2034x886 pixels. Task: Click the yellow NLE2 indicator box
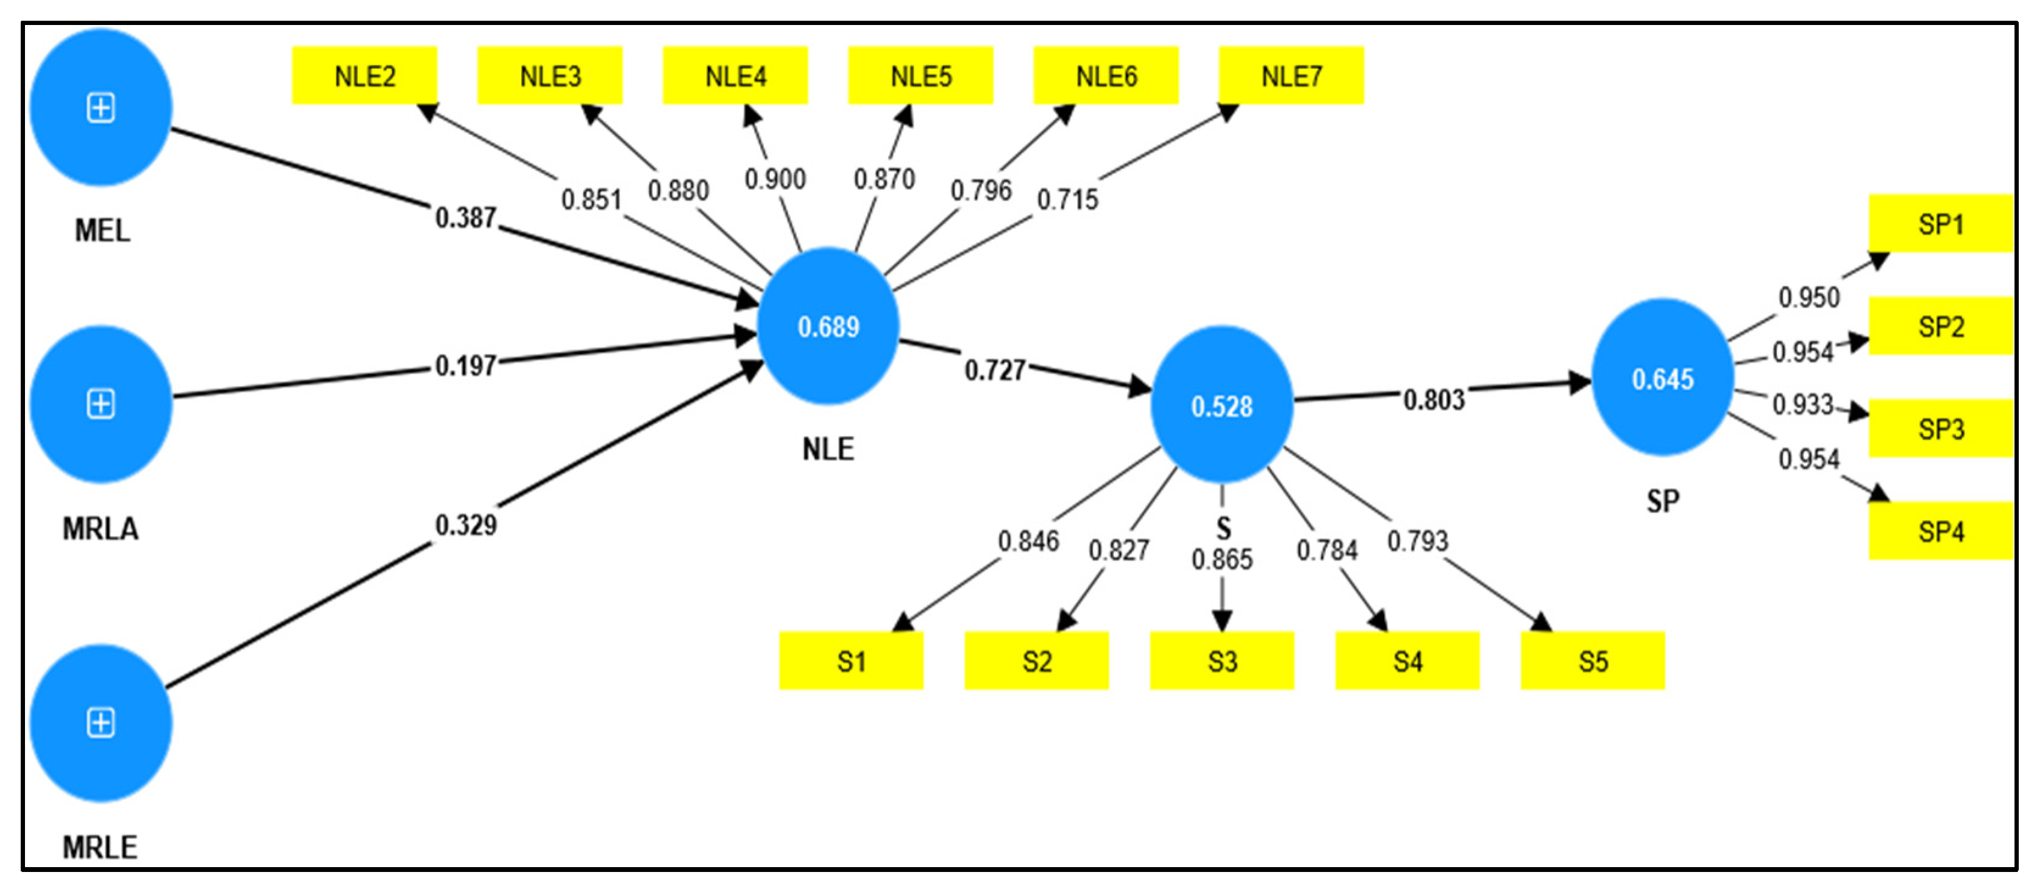coord(364,76)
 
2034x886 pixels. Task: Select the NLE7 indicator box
coord(1291,76)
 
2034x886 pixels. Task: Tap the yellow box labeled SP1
coord(1940,224)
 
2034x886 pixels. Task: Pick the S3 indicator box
coord(1221,661)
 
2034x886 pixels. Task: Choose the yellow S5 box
coord(1593,661)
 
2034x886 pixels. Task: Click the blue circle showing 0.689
coord(828,327)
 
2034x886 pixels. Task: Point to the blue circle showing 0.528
coord(1221,407)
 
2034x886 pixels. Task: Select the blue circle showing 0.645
coord(1662,379)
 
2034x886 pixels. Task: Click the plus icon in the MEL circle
coord(101,107)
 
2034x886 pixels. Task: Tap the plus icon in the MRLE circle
coord(101,723)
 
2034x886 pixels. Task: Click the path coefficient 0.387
coord(466,218)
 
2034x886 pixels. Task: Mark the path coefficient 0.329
coord(466,525)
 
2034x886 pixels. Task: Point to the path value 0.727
coord(995,370)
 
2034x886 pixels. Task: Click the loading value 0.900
coord(775,179)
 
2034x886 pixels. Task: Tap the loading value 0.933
coord(1802,404)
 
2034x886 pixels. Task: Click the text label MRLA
coord(101,528)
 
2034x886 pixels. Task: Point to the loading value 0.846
coord(1028,541)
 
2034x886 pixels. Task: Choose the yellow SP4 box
coord(1940,532)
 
